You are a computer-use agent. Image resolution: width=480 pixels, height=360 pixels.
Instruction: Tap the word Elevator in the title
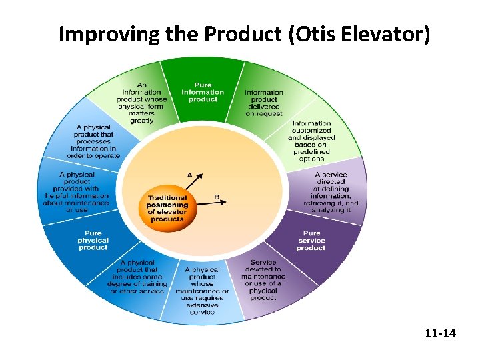(x=381, y=34)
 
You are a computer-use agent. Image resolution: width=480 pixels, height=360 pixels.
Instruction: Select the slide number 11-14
(x=440, y=332)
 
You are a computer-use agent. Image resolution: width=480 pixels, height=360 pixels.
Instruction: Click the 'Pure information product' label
(x=203, y=92)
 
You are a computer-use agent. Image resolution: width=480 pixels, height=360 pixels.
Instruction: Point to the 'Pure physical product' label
(x=93, y=240)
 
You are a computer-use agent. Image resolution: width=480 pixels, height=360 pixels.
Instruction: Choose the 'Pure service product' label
(x=311, y=240)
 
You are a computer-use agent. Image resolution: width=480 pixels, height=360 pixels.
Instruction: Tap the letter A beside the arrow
(x=189, y=175)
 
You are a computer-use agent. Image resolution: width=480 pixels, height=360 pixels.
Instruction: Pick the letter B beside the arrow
(x=217, y=197)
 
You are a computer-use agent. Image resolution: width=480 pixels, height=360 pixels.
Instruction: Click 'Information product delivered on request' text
(x=264, y=103)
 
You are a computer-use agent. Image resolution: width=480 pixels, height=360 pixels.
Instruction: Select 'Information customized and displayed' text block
(x=311, y=141)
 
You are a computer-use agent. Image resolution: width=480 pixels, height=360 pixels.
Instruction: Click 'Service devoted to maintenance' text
(x=263, y=280)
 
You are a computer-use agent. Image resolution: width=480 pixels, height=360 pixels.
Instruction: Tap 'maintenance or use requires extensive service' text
(x=202, y=291)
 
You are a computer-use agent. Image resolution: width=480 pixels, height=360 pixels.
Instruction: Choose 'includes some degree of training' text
(x=137, y=277)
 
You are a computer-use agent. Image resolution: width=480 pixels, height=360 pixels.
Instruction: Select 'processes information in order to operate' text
(x=93, y=141)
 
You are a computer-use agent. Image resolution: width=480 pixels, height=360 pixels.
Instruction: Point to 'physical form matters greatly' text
(x=142, y=103)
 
